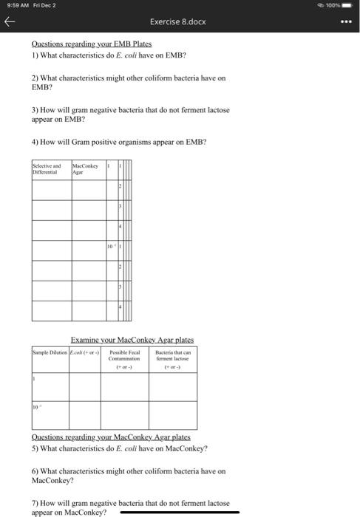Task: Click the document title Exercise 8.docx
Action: [x=180, y=22]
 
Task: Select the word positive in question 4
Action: [x=107, y=141]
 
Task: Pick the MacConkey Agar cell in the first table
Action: [x=86, y=170]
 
